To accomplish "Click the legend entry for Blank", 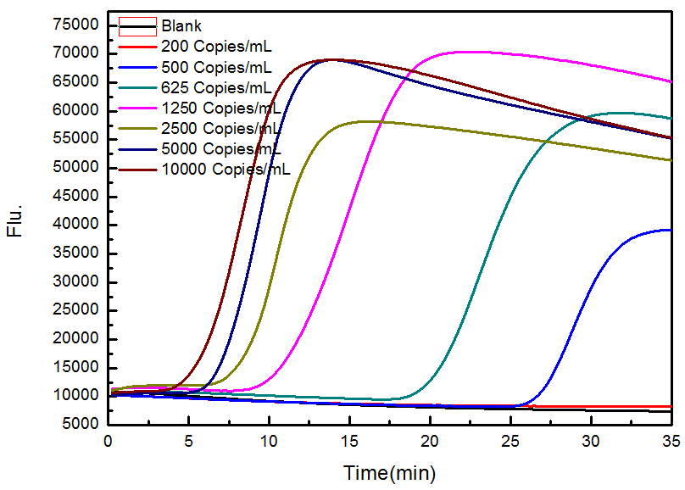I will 181,26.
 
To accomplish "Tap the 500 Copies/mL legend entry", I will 216,66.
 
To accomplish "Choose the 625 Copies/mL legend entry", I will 216,87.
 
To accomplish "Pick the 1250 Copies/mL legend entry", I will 220,108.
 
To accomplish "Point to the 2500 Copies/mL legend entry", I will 220,128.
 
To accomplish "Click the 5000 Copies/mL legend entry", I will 220,148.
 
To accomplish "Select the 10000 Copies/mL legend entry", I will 225,169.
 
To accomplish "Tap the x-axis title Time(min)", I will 389,471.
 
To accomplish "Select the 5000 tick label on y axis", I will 81,425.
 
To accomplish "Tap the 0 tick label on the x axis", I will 109,443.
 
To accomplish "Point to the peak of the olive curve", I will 366,121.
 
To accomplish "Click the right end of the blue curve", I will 671,230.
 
